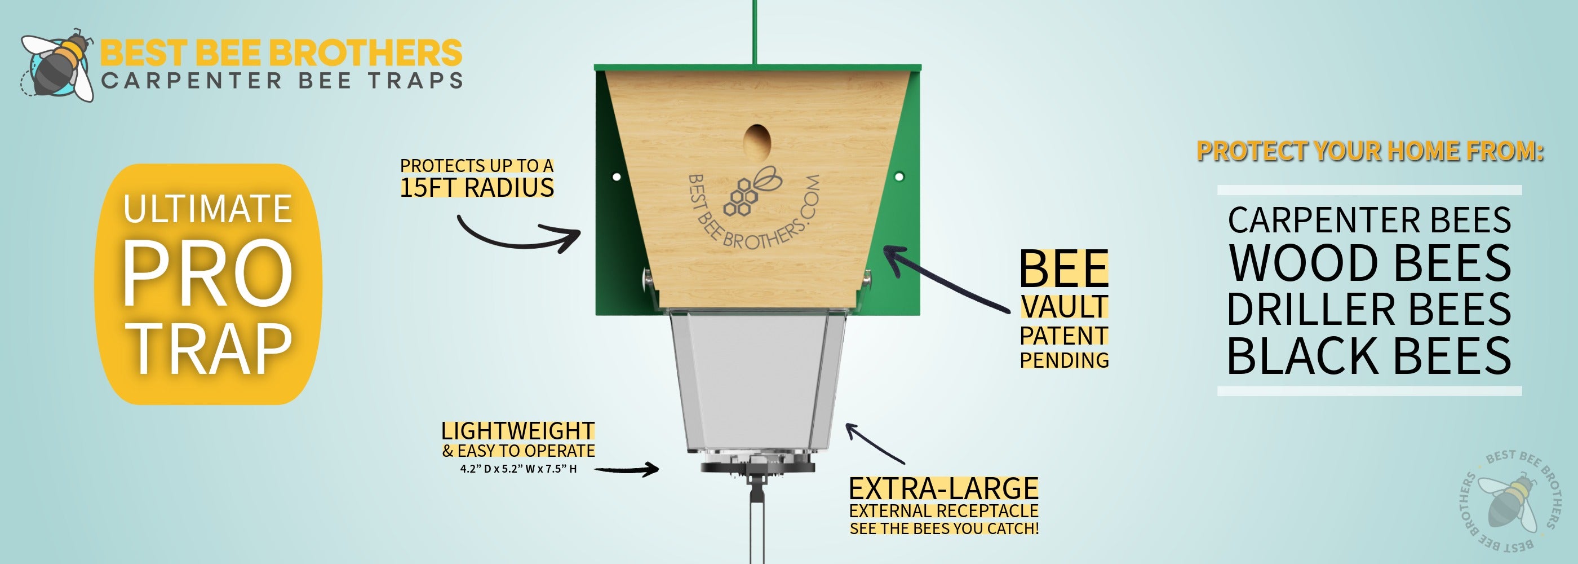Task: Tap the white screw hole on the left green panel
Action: (617, 177)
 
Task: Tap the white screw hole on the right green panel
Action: (899, 177)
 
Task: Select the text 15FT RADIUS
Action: (477, 188)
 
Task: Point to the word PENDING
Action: (1064, 360)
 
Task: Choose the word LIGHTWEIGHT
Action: (517, 431)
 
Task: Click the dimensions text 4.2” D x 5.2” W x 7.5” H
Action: (518, 469)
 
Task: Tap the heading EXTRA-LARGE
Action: (943, 488)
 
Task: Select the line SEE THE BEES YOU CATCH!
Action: (944, 528)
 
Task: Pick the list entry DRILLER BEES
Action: (1369, 309)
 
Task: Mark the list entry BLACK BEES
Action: (1369, 355)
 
